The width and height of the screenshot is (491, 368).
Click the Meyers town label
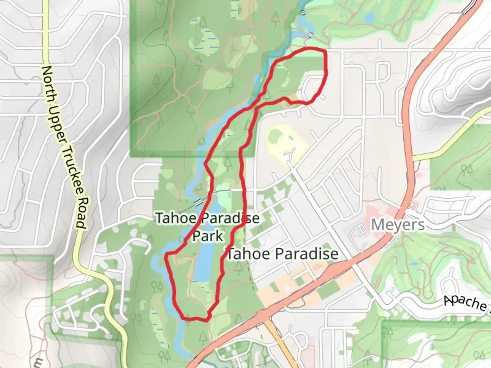[398, 225]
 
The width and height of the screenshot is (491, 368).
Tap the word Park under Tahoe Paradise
[208, 236]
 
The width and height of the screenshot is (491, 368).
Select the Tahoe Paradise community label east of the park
[283, 254]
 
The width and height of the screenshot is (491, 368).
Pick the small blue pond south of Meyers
[414, 264]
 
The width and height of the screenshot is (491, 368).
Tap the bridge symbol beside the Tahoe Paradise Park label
[198, 202]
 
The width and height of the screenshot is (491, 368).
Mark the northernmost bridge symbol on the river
[302, 12]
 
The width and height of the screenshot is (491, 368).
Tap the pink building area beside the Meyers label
[361, 232]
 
